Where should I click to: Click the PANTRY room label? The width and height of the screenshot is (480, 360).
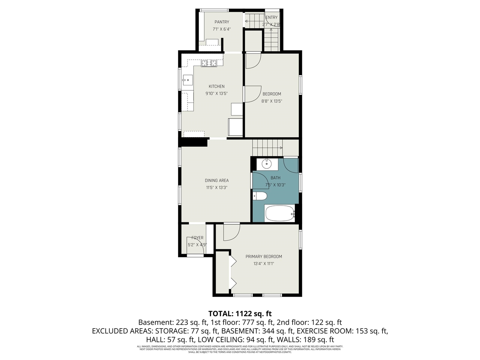pos(222,22)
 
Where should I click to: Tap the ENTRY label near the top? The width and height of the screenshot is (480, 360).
pos(271,18)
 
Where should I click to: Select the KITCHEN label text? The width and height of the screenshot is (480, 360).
pos(216,87)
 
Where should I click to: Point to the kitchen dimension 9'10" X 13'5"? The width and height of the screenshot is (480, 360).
pos(216,94)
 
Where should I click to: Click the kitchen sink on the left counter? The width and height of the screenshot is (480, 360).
pos(187,80)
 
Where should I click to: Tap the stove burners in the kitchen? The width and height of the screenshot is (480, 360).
pos(209,64)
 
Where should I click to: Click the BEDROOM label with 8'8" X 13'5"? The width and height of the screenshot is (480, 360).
pos(271,94)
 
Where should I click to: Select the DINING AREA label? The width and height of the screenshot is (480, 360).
pos(216,181)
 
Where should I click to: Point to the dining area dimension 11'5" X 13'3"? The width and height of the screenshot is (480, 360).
pos(216,188)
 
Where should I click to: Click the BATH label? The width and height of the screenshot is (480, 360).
pos(275,178)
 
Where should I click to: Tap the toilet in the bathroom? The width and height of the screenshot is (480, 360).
pos(259,196)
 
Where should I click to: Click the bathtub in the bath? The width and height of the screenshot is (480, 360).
pos(279,214)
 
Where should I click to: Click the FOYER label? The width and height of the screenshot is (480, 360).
pos(197,238)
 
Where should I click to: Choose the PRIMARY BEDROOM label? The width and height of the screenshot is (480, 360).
pos(264,257)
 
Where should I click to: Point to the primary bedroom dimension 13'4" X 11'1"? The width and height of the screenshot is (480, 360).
pos(264,264)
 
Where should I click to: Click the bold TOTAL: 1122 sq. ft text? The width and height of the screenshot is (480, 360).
pos(240,313)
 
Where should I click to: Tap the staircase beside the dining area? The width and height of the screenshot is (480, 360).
pos(267,147)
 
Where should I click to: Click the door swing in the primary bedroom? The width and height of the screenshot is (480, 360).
pos(231,232)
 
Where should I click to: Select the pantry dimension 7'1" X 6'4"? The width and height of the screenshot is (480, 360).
pos(222,29)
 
